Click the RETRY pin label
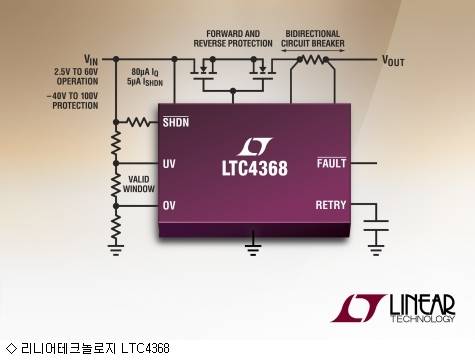329,205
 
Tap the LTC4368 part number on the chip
254,168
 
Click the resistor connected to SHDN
137,123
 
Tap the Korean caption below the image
90,348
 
